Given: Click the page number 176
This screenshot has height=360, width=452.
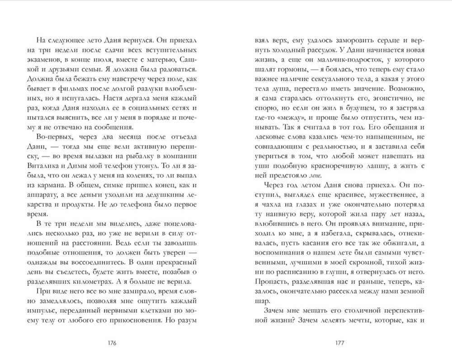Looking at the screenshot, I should [110, 342].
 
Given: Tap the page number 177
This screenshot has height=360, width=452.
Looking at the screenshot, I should [341, 342].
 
